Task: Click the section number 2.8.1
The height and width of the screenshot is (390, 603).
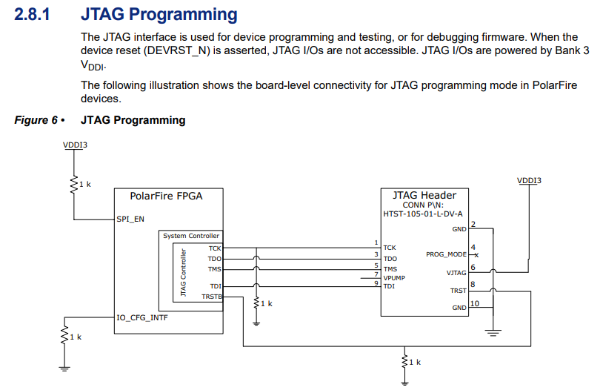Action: [32, 15]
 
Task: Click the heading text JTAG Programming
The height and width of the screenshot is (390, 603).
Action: [159, 15]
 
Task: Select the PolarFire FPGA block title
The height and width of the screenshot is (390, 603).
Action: [166, 196]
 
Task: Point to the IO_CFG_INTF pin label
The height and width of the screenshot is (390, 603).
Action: [141, 317]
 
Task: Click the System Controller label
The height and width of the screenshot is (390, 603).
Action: [191, 236]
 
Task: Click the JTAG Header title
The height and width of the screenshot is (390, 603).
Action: [424, 196]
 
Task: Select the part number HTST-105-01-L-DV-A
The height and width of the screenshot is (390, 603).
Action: [423, 214]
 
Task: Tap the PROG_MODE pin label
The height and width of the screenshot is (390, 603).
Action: [446, 254]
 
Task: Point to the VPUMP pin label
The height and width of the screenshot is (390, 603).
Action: [394, 277]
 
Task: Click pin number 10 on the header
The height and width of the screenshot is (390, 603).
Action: [475, 303]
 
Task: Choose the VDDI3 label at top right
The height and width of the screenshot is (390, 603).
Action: [529, 180]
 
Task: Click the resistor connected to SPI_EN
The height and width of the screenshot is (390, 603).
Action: [73, 183]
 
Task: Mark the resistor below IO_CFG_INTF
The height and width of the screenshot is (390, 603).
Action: [64, 337]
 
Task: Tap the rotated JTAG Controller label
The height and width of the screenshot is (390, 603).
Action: [183, 273]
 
